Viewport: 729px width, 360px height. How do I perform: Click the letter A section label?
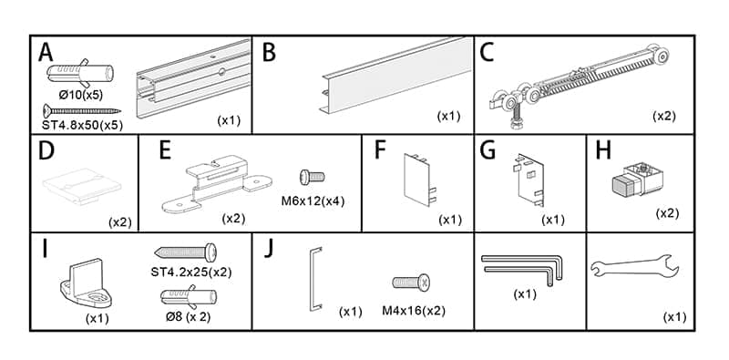click(x=46, y=53)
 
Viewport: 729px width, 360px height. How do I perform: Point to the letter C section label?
click(x=488, y=53)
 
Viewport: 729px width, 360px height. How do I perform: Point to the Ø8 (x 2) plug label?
click(x=189, y=316)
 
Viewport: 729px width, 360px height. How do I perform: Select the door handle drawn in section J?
click(x=313, y=278)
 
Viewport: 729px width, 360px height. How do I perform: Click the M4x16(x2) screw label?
click(x=413, y=310)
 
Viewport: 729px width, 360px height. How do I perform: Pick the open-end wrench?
click(x=635, y=268)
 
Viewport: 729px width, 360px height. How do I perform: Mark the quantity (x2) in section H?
click(x=668, y=212)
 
